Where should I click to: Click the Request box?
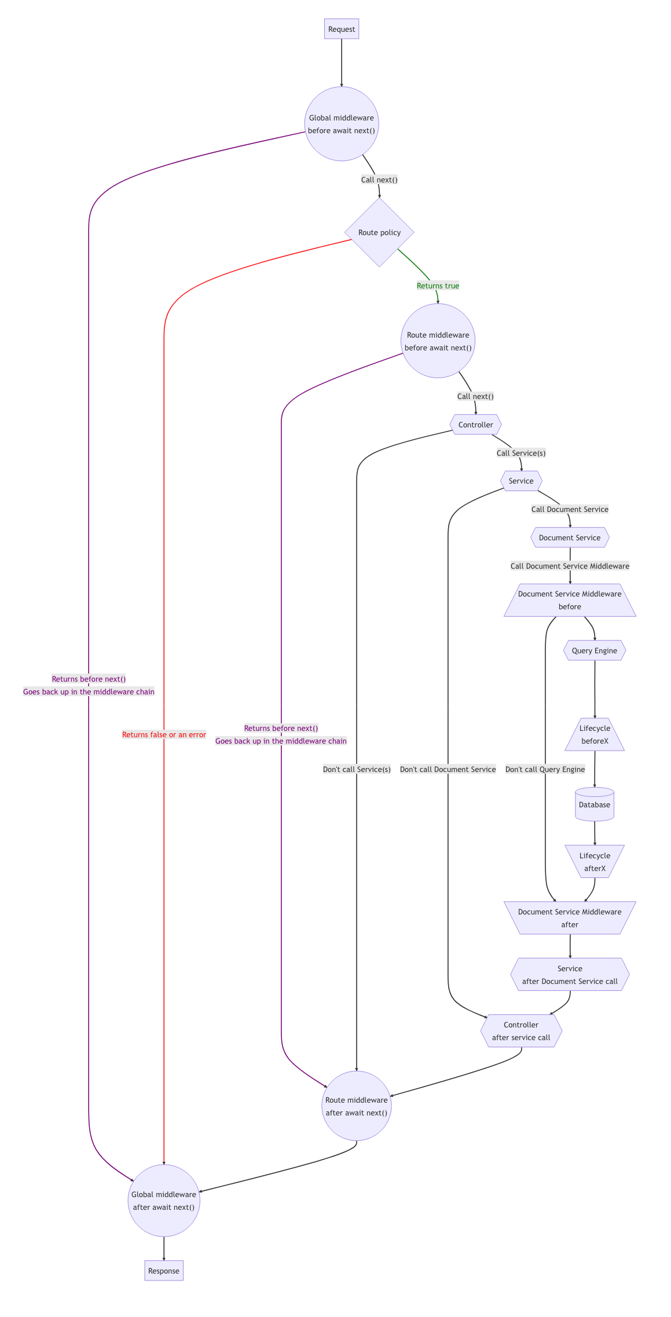(x=342, y=29)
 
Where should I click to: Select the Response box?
(x=164, y=1271)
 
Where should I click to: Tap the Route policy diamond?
(x=379, y=232)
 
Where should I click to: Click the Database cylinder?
(x=595, y=804)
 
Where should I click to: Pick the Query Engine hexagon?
(x=595, y=650)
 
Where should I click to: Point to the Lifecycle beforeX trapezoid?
(x=595, y=734)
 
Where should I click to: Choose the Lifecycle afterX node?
(x=595, y=861)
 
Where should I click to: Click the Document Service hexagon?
(x=570, y=537)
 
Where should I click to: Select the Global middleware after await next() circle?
(x=164, y=1201)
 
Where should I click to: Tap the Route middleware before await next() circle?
(x=438, y=341)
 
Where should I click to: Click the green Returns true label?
(x=438, y=286)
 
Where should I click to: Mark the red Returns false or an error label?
(x=164, y=734)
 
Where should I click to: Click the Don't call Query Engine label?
(x=545, y=769)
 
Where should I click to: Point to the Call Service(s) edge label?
(x=520, y=453)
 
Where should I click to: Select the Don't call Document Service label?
(x=448, y=769)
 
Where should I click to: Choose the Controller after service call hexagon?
(x=521, y=1031)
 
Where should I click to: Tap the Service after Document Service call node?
(x=570, y=974)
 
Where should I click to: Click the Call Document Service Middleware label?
(x=570, y=566)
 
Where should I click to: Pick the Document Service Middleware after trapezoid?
(x=570, y=917)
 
